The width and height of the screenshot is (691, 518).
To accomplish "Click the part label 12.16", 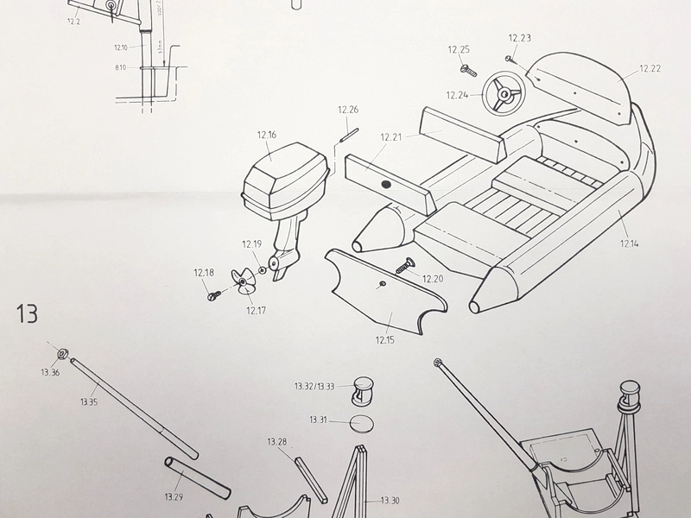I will click(x=266, y=135).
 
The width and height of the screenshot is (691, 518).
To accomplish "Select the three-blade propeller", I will click(x=244, y=282).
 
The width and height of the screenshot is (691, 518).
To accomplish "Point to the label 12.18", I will click(x=204, y=273).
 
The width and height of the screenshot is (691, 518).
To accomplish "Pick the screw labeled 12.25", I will click(x=468, y=68).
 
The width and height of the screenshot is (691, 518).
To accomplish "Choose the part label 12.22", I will click(x=650, y=68).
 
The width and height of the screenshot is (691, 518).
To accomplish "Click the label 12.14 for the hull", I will click(x=630, y=243).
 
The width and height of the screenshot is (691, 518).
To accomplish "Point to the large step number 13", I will click(x=26, y=313).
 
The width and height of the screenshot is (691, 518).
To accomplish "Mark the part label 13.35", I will click(x=88, y=401).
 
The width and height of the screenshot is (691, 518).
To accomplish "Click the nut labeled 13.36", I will click(x=62, y=354).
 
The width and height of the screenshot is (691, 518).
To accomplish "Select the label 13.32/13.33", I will click(x=314, y=386).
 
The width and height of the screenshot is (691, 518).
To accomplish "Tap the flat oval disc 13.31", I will click(x=363, y=422).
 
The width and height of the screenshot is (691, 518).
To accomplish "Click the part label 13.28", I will click(x=276, y=442).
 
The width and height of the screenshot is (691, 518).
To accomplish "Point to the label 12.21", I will click(x=391, y=137).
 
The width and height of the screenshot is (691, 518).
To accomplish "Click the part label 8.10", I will click(x=120, y=66).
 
